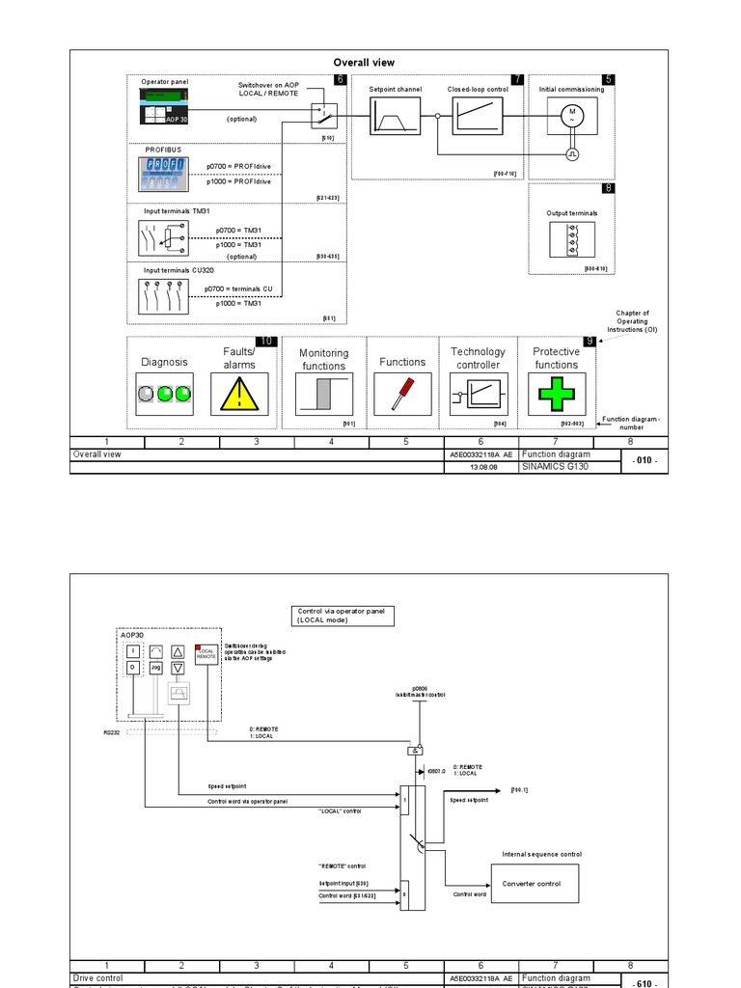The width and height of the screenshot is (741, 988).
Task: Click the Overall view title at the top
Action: click(x=364, y=63)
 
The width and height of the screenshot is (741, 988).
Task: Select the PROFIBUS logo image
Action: click(x=164, y=175)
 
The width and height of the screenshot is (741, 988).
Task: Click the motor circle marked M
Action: click(x=571, y=116)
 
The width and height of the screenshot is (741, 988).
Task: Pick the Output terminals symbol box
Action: click(x=571, y=239)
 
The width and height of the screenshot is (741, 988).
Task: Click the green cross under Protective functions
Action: click(x=556, y=394)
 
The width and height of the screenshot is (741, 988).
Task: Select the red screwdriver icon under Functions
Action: click(x=401, y=395)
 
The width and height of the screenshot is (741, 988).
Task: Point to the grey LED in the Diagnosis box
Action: click(x=147, y=394)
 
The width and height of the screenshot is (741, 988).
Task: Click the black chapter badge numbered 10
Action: click(x=265, y=342)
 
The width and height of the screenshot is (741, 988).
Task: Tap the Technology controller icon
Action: click(x=478, y=395)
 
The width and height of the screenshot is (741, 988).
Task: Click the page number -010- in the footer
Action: click(x=642, y=459)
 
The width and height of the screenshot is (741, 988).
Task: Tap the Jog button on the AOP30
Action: click(x=155, y=667)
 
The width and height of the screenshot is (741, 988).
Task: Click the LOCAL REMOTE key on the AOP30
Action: click(x=205, y=654)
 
